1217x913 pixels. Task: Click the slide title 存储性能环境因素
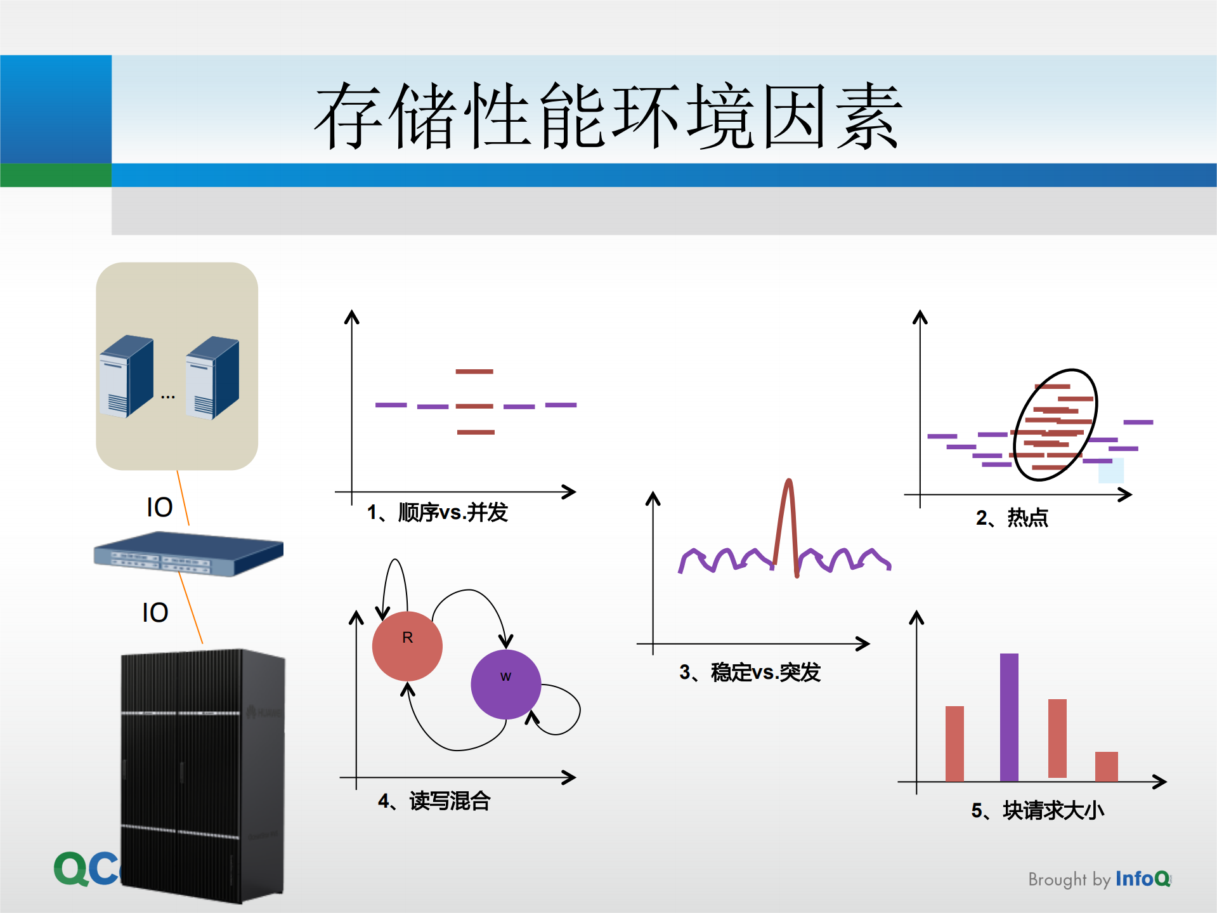(608, 115)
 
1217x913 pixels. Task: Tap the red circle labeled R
(407, 646)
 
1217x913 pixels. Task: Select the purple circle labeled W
(505, 684)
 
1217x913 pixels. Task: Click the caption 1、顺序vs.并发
(438, 512)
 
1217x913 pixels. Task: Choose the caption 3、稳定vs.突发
(750, 672)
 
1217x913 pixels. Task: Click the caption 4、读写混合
(434, 801)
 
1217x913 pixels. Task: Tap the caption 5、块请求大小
(1038, 810)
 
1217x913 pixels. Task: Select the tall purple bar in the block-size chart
(1009, 717)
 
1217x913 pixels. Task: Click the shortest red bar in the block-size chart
(1106, 766)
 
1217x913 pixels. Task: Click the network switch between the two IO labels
(188, 553)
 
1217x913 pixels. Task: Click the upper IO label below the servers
(159, 508)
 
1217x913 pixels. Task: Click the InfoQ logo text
(1142, 879)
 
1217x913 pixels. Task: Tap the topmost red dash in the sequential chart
(474, 371)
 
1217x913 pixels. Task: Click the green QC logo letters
(86, 869)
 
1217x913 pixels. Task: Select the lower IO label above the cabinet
(155, 613)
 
